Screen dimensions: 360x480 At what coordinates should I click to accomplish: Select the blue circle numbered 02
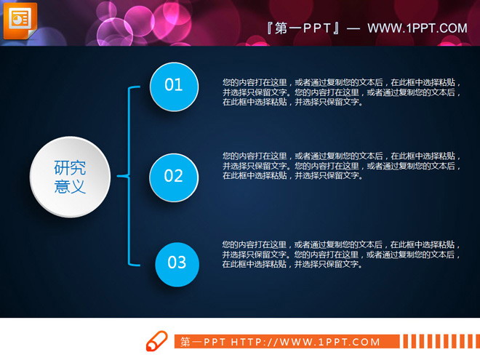coord(174,177)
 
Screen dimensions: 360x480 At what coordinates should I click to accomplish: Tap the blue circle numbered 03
coord(177,263)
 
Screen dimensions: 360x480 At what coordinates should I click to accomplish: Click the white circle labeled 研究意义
coord(70,177)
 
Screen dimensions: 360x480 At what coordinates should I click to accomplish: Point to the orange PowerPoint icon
coord(20,20)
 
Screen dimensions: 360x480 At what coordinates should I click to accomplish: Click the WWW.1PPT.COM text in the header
coord(417,28)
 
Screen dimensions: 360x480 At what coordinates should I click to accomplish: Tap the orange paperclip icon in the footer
coord(156,341)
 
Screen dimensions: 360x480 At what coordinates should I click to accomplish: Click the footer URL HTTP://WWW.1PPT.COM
coord(305,342)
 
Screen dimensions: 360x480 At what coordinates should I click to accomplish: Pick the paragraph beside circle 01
coord(342,92)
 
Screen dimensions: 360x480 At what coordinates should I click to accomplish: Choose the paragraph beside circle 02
coord(342,165)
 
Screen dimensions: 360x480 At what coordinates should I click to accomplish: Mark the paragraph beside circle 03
coord(342,255)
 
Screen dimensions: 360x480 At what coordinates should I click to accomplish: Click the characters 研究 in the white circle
coord(70,167)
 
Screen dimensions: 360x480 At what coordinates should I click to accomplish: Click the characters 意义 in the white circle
coord(70,187)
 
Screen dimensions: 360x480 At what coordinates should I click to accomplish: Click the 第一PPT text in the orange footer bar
coord(204,342)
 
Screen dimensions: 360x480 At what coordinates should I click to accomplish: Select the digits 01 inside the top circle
coord(174,86)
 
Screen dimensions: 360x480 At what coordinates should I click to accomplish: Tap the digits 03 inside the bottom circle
coord(177,263)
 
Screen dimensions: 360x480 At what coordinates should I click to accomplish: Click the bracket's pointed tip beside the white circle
coord(119,175)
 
